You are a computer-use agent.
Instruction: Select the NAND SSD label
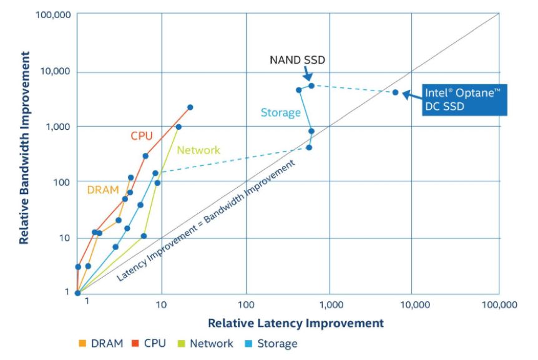click(297, 60)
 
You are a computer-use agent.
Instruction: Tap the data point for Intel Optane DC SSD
click(395, 92)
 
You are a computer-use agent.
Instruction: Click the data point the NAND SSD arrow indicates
click(311, 85)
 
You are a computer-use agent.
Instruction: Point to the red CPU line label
click(142, 135)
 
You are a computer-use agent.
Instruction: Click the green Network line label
click(198, 150)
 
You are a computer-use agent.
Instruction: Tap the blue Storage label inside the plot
click(280, 113)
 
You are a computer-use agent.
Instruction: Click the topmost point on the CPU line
click(190, 107)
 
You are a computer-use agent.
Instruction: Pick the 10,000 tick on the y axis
click(55, 71)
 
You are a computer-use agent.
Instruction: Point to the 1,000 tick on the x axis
click(330, 304)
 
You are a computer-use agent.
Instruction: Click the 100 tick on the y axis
click(62, 182)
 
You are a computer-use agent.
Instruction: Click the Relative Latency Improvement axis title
click(295, 323)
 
